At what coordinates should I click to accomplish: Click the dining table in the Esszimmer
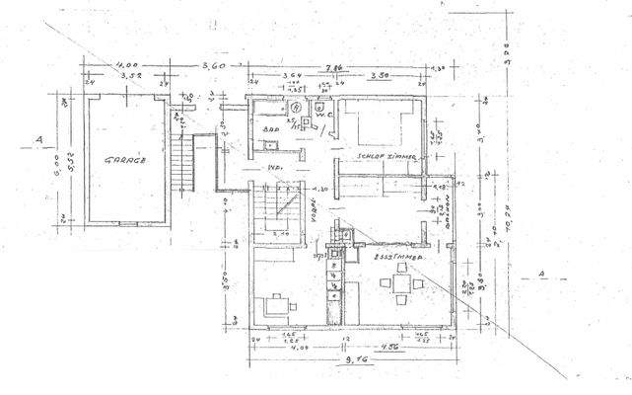[402, 284]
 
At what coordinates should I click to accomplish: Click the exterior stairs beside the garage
[182, 163]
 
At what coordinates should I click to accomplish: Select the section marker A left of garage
[36, 137]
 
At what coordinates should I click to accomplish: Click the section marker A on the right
[539, 273]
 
